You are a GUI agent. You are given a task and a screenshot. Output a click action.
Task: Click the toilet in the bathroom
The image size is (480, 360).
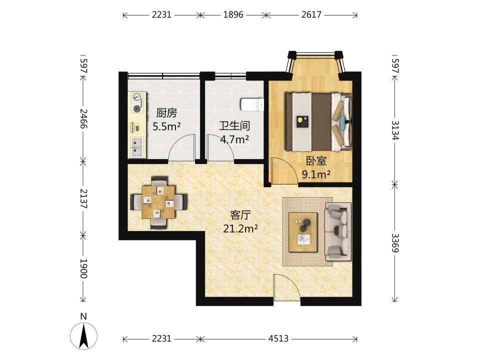pyautogui.click(x=252, y=104)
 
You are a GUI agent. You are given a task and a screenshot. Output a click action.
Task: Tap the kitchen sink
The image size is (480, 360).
pyautogui.click(x=137, y=147)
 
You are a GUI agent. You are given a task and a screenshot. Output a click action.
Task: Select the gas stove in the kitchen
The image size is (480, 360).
pyautogui.click(x=137, y=102)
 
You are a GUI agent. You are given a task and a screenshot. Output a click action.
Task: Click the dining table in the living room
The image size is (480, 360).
pyautogui.click(x=158, y=202)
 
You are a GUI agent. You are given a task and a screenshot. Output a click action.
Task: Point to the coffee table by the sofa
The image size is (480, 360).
pyautogui.click(x=303, y=232)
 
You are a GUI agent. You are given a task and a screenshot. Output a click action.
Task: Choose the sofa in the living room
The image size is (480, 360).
pyautogui.click(x=338, y=231)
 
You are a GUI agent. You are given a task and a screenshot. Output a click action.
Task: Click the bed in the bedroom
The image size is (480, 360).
pyautogui.click(x=319, y=121)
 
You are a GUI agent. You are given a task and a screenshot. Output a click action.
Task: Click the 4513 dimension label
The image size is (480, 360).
pyautogui.click(x=278, y=338)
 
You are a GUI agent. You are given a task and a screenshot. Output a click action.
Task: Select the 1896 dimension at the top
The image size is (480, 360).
pyautogui.click(x=233, y=14)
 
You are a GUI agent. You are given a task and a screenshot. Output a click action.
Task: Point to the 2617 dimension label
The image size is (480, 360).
pyautogui.click(x=311, y=14)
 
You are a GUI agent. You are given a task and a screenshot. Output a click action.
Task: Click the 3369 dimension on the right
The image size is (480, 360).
pyautogui.click(x=395, y=243)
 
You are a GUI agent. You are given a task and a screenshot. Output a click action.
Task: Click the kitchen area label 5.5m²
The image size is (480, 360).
pyautogui.click(x=166, y=126)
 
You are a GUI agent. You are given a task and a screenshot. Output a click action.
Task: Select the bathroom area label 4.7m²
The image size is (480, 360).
pyautogui.click(x=234, y=139)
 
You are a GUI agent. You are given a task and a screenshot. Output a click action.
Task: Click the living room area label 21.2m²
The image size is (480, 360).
pyautogui.click(x=240, y=228)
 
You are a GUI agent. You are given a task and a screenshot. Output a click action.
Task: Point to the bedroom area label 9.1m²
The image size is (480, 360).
pyautogui.click(x=316, y=174)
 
